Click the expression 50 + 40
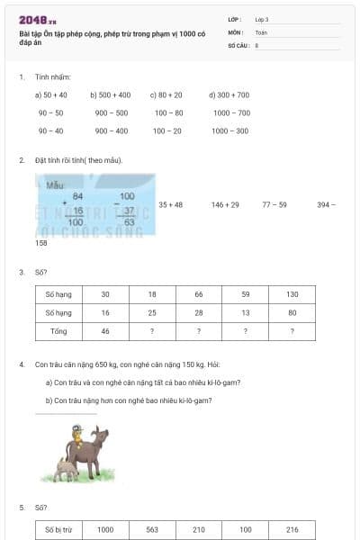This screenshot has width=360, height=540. (x=50, y=94)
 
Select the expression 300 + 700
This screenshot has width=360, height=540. (x=229, y=94)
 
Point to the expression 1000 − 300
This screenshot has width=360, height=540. (x=230, y=130)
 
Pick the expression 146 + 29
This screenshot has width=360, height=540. (x=225, y=204)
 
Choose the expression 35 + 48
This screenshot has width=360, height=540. (x=170, y=204)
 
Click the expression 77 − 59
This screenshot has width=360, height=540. (x=274, y=204)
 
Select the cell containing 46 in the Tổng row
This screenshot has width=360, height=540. (x=105, y=331)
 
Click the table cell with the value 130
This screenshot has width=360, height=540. (x=292, y=294)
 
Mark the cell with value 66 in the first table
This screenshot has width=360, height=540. (x=198, y=294)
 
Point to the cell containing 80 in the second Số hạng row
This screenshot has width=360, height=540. (x=292, y=313)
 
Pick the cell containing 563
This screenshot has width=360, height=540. (x=151, y=530)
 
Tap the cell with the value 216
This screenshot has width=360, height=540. (x=292, y=530)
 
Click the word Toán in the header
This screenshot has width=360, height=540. (x=262, y=31)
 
